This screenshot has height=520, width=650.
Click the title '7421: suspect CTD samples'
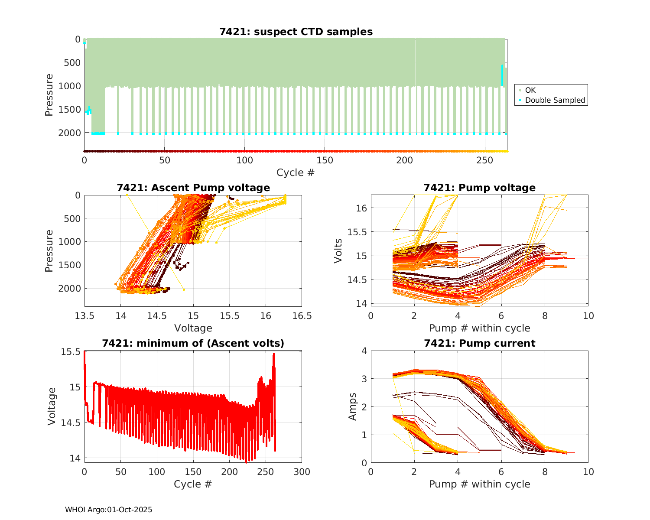[296, 32]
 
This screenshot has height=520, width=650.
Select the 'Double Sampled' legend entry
[555, 100]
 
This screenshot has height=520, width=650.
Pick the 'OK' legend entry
[530, 90]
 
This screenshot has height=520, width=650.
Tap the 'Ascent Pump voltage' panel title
[193, 188]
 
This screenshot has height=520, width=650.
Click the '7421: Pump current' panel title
[479, 343]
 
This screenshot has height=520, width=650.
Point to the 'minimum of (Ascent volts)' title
[193, 343]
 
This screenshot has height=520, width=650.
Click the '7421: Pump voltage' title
[479, 188]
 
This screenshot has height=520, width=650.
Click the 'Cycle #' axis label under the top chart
[296, 172]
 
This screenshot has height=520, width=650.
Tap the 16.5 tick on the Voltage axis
[302, 316]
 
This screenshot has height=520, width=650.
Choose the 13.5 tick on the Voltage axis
[84, 316]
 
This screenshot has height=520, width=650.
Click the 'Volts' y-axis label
[338, 250]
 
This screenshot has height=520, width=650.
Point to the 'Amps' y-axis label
[353, 406]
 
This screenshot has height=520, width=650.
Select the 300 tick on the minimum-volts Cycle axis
[302, 471]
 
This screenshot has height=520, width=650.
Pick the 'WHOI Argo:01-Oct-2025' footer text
[108, 510]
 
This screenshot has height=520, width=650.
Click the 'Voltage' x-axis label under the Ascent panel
[193, 328]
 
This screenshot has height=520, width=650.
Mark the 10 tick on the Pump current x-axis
[588, 471]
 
